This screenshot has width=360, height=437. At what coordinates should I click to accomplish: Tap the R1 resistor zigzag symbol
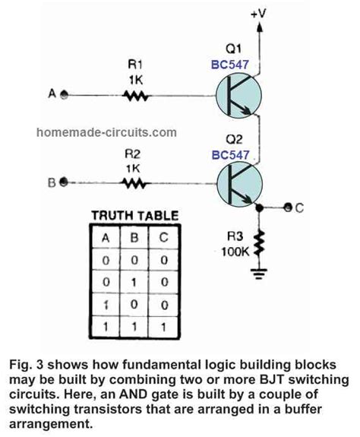click(137, 96)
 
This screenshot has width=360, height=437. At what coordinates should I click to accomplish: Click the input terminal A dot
click(64, 96)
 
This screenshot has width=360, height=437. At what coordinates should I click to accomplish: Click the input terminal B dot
click(64, 182)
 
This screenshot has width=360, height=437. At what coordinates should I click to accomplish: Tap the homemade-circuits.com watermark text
click(106, 132)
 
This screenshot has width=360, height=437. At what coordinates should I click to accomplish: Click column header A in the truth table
click(106, 238)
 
